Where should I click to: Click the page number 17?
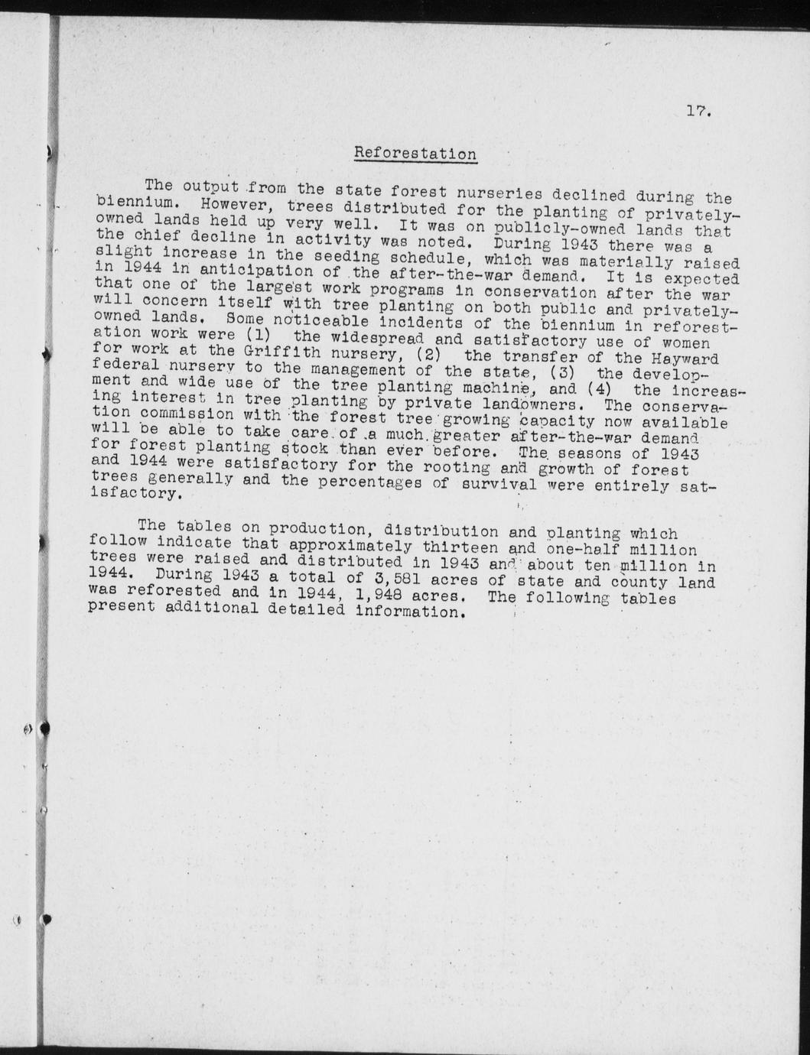coord(698,112)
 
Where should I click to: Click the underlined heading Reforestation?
coord(415,153)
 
